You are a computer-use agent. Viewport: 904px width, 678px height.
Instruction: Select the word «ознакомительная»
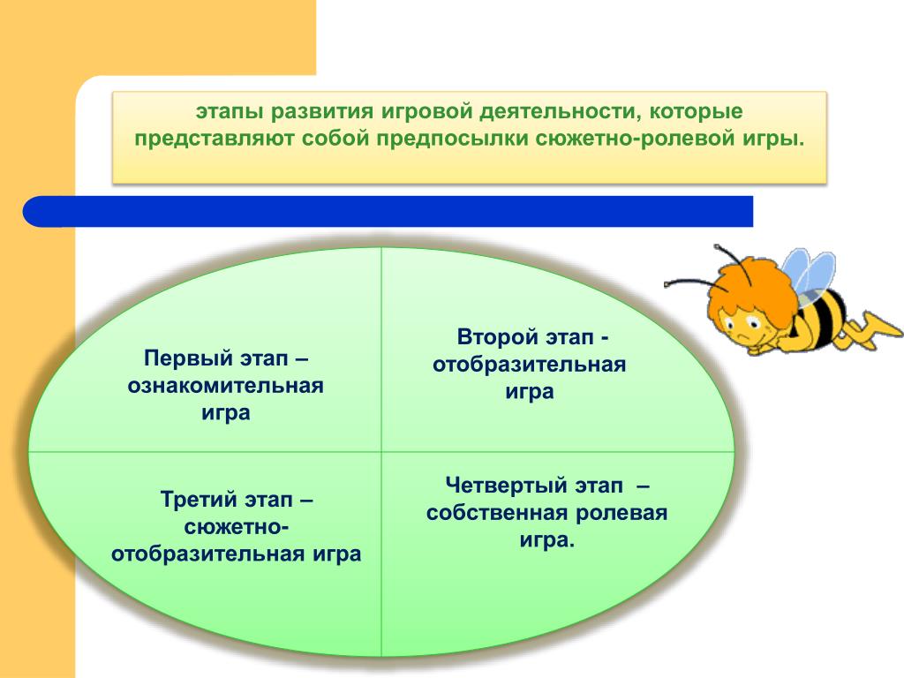pos(225,386)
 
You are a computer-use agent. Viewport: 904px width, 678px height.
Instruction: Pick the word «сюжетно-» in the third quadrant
pos(237,526)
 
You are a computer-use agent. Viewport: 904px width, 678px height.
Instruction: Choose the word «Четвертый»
pos(505,486)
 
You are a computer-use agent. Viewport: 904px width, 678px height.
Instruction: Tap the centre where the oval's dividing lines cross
pos(381,451)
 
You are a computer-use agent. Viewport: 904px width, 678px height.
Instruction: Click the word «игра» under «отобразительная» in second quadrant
pos(530,393)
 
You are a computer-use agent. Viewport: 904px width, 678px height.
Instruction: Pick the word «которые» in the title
pos(696,112)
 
